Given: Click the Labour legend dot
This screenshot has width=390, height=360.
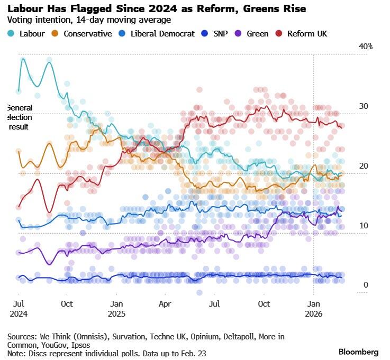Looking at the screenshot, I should point(11,33).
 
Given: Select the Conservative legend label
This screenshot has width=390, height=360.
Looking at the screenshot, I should point(88,33).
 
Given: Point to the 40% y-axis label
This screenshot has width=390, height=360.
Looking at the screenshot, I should point(366,47).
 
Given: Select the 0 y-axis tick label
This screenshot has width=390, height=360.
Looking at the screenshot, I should point(366,285).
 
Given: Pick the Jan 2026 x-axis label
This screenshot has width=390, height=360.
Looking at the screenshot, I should point(314,309).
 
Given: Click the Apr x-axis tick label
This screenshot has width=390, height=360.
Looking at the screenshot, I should point(166,304).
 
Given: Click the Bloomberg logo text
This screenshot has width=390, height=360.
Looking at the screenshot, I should point(358,352).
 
